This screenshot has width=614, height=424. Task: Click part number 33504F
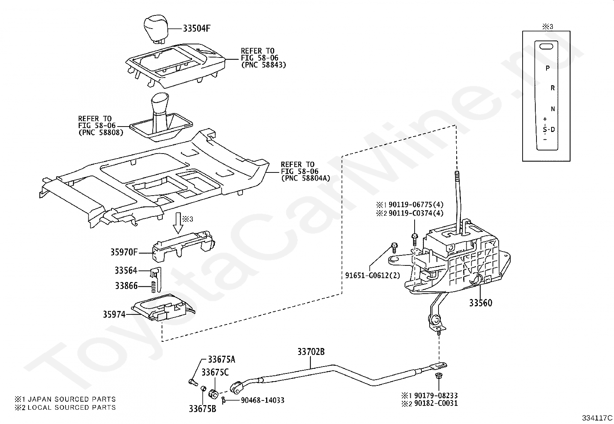coord(197,28)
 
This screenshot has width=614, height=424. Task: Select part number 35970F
coord(124,252)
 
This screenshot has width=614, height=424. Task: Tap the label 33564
coord(126,270)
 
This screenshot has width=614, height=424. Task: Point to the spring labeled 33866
coord(153,287)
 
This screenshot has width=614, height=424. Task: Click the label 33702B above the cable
coord(311,352)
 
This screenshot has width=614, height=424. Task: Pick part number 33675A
coord(221,360)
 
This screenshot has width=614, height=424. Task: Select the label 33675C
coord(215,372)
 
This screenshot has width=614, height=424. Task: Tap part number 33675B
coord(202,409)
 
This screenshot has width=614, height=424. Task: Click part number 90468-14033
coord(263,400)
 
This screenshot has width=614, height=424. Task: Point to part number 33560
coord(481,303)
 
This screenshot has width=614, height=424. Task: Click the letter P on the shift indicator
coord(547,68)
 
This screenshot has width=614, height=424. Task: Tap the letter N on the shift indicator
coord(553,109)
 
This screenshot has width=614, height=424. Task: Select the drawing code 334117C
coord(597,418)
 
